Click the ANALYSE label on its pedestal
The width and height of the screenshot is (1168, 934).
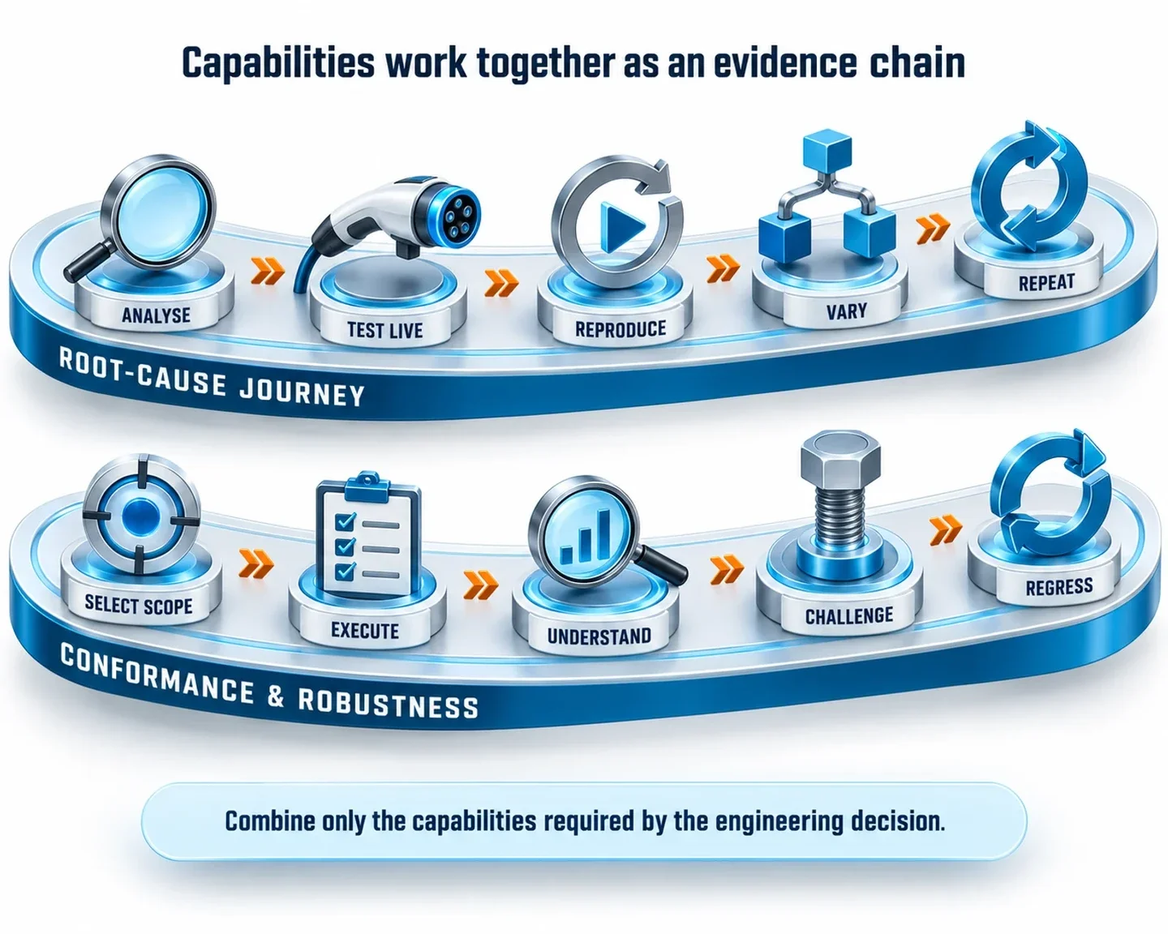tap(156, 315)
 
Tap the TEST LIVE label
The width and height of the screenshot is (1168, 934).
tap(384, 330)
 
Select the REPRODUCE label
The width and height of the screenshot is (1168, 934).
tap(620, 329)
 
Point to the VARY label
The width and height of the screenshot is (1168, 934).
tap(847, 311)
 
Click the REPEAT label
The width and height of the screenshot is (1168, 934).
tap(1046, 282)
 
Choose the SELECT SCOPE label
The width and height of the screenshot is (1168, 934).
tap(139, 605)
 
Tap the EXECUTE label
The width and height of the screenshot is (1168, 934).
tap(365, 630)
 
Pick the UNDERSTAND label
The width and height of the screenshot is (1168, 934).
tap(599, 636)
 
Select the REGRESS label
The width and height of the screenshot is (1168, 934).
tap(1059, 587)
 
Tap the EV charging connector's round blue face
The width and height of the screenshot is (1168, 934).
tap(455, 214)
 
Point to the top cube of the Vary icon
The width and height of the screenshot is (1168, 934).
tap(827, 147)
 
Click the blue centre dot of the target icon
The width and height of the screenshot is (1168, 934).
tap(141, 515)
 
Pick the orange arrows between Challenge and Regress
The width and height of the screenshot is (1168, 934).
tap(946, 529)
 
